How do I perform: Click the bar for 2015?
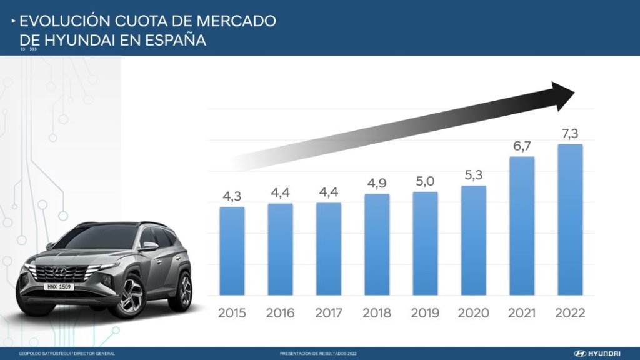point(232,251)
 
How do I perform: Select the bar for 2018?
point(377,244)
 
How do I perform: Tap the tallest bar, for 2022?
point(570,219)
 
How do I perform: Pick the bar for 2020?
point(473,240)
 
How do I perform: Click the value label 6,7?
point(522,145)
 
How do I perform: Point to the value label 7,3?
point(570,133)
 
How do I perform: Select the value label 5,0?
point(425,181)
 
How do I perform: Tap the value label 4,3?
point(232,196)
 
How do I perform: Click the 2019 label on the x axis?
point(425,313)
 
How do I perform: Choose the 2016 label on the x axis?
point(280,313)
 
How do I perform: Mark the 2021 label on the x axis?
point(522,313)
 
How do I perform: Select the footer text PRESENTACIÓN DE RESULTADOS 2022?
point(318,354)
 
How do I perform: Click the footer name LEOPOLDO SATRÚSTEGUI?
point(44,354)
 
